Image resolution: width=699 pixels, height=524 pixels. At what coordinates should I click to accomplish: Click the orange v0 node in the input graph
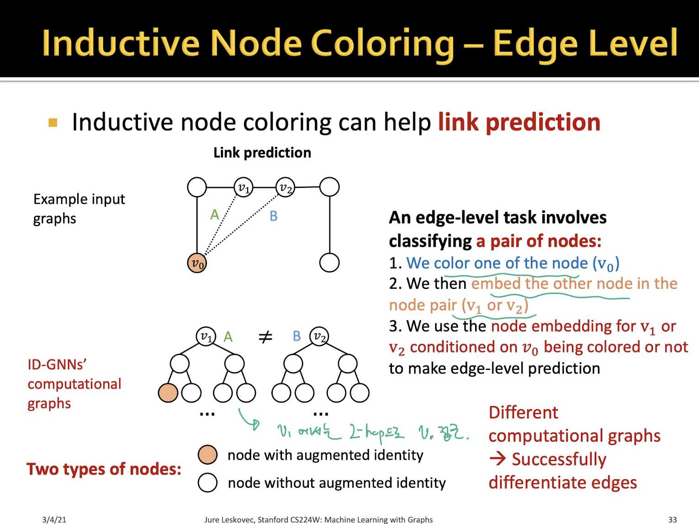197,263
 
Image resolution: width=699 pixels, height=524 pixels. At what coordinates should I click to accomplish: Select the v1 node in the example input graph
244,187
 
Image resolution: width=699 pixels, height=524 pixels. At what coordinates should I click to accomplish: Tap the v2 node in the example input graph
286,187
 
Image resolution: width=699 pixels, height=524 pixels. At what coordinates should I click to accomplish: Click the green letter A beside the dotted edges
215,214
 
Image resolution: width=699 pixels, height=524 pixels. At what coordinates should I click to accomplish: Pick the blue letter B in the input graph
273,216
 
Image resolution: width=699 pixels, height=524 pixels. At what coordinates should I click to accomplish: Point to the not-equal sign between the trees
265,337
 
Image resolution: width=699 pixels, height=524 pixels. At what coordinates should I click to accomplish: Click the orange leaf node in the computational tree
168,393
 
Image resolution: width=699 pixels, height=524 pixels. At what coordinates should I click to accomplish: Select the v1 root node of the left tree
206,337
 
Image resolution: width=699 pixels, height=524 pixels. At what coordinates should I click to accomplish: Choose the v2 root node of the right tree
319,337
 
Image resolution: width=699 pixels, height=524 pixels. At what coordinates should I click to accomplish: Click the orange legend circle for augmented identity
207,455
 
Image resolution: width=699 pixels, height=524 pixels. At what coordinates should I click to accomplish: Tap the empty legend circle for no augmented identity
207,482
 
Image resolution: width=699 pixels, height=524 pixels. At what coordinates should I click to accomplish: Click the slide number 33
672,519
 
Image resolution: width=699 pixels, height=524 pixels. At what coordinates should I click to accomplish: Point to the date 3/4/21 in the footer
54,519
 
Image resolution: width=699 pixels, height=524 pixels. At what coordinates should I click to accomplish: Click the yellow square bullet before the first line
53,123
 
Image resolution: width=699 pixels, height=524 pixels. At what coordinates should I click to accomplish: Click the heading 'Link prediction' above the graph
262,152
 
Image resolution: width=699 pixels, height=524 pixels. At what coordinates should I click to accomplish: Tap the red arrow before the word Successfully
498,459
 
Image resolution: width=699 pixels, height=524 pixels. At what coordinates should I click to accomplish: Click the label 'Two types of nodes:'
104,469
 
